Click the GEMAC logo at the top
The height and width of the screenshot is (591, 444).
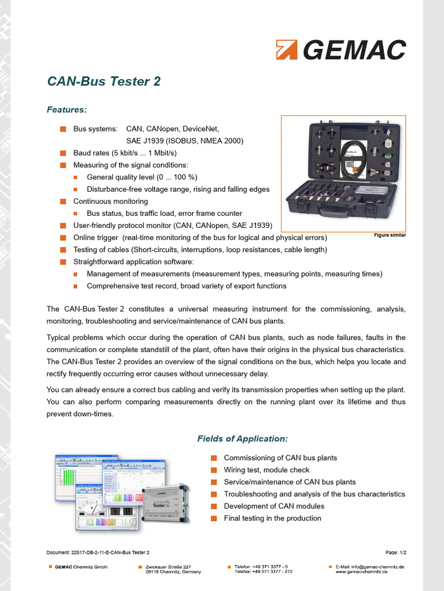(341, 50)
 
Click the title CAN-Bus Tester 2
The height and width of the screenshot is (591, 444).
(103, 81)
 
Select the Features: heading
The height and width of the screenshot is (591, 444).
(66, 109)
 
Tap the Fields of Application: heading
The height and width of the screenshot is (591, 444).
(242, 439)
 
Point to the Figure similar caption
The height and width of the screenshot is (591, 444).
(390, 235)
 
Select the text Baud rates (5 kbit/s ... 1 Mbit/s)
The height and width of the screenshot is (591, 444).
(125, 153)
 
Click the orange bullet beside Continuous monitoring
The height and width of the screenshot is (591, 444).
(63, 201)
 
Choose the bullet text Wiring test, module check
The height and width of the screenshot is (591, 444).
(267, 470)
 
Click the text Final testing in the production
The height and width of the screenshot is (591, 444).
(272, 518)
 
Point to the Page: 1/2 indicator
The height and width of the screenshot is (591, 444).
(395, 553)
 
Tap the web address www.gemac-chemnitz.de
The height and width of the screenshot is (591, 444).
(362, 571)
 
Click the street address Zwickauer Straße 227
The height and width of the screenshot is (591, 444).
(168, 567)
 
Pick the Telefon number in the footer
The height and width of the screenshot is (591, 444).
(261, 567)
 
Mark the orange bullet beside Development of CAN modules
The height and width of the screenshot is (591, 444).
(213, 506)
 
